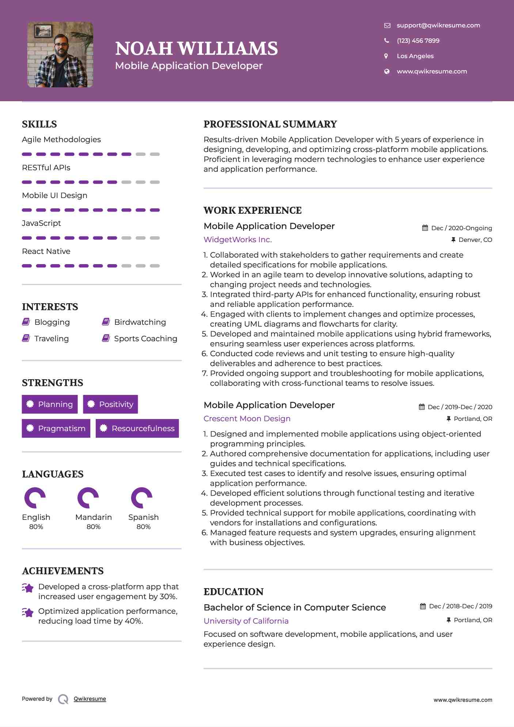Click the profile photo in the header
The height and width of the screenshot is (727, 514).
pyautogui.click(x=60, y=55)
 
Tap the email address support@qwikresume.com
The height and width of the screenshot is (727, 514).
pyautogui.click(x=438, y=25)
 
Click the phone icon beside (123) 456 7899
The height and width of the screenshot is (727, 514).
pyautogui.click(x=387, y=41)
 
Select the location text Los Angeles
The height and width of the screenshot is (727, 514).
pyautogui.click(x=415, y=56)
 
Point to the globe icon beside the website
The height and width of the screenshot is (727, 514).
pyautogui.click(x=387, y=71)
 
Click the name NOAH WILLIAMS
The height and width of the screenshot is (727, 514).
pyautogui.click(x=197, y=49)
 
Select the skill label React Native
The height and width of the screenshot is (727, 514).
pyautogui.click(x=46, y=251)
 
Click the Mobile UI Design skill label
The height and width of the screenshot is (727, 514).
pyautogui.click(x=54, y=195)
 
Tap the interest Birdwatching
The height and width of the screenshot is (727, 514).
pyautogui.click(x=140, y=322)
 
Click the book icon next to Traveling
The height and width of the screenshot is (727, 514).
pyautogui.click(x=26, y=338)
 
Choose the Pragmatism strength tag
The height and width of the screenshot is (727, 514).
pyautogui.click(x=56, y=428)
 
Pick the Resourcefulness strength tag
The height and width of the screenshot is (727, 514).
pyautogui.click(x=137, y=428)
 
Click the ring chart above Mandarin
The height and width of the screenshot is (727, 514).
pyautogui.click(x=88, y=498)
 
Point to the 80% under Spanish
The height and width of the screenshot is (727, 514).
pyautogui.click(x=144, y=527)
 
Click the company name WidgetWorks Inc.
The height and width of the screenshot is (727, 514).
pyautogui.click(x=237, y=240)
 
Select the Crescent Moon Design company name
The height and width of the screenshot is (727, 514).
pyautogui.click(x=247, y=419)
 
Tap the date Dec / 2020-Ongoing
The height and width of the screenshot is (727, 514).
pyautogui.click(x=461, y=228)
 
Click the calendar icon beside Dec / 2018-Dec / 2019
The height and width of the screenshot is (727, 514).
pyautogui.click(x=423, y=606)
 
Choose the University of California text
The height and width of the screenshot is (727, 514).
pyautogui.click(x=246, y=621)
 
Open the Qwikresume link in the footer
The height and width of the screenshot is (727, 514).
pyautogui.click(x=90, y=699)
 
